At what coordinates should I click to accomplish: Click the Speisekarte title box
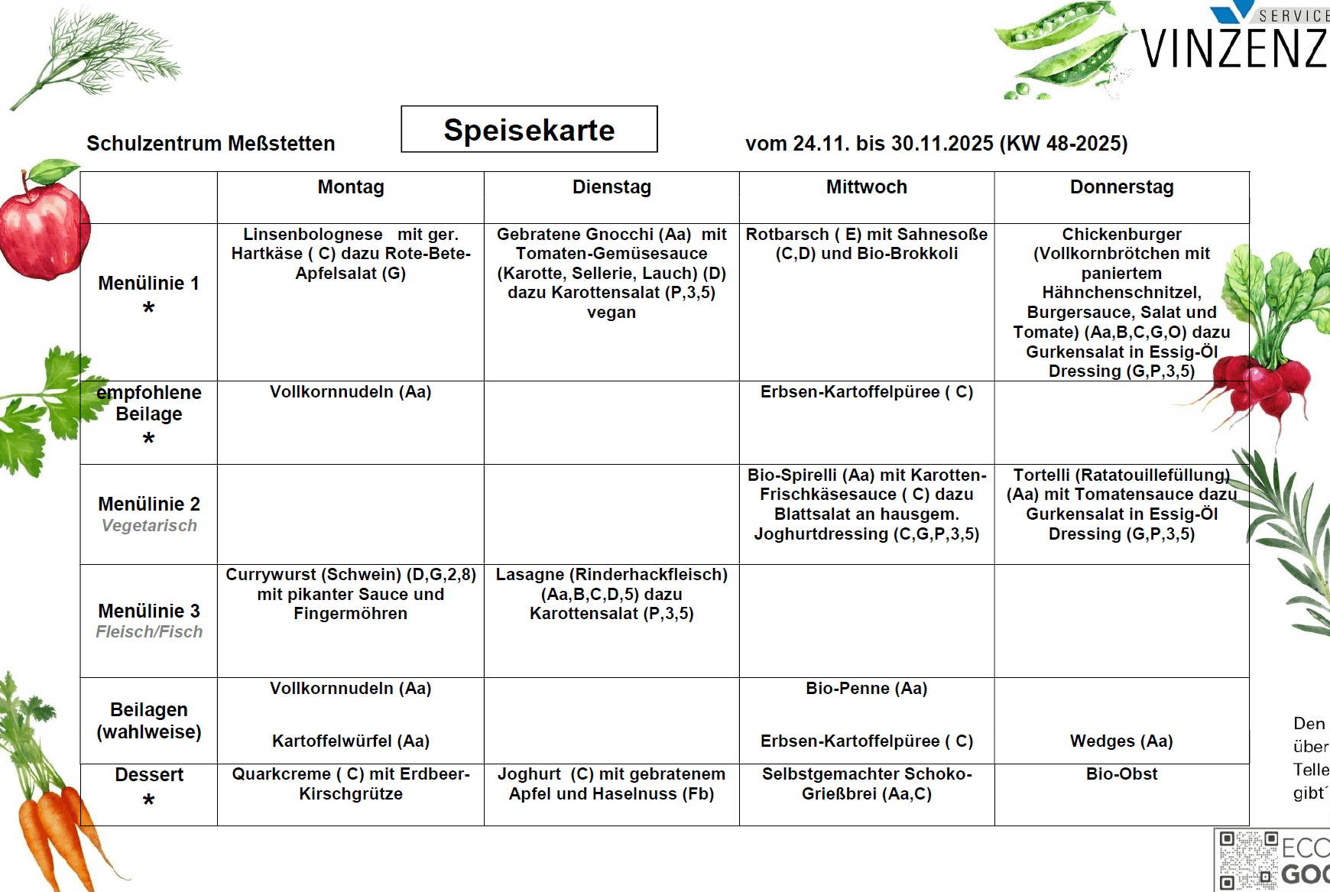529,129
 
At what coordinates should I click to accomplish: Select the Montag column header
351,187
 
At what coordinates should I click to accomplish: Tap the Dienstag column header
611,187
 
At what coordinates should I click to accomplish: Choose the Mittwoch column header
866,187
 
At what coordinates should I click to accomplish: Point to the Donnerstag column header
1121,187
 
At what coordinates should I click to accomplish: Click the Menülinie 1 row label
149,284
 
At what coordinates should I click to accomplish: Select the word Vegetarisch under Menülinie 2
149,526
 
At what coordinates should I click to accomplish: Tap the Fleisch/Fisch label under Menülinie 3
149,632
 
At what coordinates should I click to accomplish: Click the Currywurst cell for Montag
351,594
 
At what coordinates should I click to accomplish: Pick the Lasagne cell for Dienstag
611,594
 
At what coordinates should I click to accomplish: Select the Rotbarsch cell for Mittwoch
866,244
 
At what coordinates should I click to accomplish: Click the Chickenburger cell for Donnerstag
1121,303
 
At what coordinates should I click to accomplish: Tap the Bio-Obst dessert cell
1121,774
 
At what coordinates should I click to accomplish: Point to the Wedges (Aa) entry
1121,741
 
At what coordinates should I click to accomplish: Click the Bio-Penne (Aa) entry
866,689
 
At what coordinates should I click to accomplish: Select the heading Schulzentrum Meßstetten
210,144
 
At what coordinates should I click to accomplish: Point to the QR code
1246,861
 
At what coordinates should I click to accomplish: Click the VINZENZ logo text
1234,48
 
